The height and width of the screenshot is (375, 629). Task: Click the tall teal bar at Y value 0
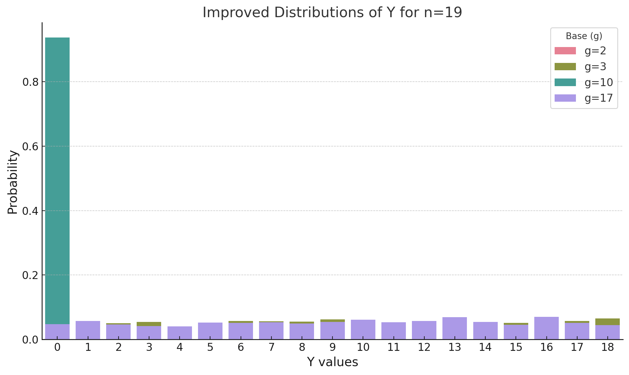click(57, 178)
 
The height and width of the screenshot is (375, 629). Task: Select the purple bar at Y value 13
click(455, 328)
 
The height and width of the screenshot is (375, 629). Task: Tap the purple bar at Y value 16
click(546, 328)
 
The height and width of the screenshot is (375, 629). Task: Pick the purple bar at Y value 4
click(180, 333)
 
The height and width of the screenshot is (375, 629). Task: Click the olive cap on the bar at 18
click(607, 322)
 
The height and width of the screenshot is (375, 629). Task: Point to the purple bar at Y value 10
click(363, 330)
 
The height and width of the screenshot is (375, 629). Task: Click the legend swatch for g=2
click(565, 51)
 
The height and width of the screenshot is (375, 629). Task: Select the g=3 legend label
click(595, 67)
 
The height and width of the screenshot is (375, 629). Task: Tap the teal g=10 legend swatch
click(565, 82)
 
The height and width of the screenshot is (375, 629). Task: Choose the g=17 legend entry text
click(598, 98)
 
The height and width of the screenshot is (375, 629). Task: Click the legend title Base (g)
click(584, 36)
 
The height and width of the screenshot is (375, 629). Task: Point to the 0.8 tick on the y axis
click(30, 82)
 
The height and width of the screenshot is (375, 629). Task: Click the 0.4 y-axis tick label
click(30, 211)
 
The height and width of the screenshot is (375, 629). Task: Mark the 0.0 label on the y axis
click(30, 339)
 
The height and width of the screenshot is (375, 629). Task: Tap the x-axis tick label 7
click(271, 348)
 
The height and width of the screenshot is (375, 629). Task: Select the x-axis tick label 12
click(424, 348)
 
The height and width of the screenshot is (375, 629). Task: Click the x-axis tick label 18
click(607, 348)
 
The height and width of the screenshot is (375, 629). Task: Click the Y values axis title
click(332, 362)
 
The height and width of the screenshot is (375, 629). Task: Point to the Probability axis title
click(13, 182)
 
